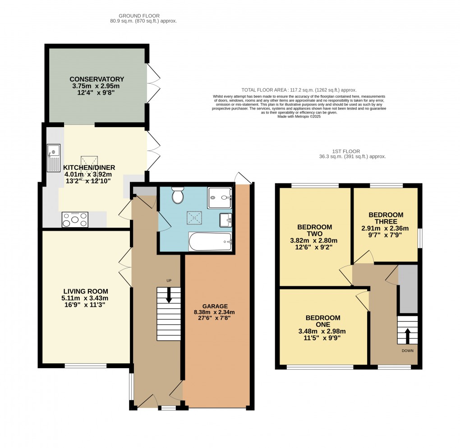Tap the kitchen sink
(x=53, y=158)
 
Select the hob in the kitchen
(x=75, y=220)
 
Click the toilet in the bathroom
(x=177, y=196)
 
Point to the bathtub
(x=210, y=242)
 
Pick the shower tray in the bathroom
(x=219, y=197)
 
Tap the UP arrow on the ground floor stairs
(x=169, y=296)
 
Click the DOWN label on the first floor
(x=407, y=350)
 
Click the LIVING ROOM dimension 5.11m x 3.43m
(x=86, y=298)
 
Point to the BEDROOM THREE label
(x=386, y=218)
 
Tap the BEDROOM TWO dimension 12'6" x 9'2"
(x=314, y=247)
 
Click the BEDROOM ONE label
(x=322, y=321)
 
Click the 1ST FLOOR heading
(x=345, y=151)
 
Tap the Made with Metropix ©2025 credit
(x=299, y=116)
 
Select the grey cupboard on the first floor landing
(x=408, y=289)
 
